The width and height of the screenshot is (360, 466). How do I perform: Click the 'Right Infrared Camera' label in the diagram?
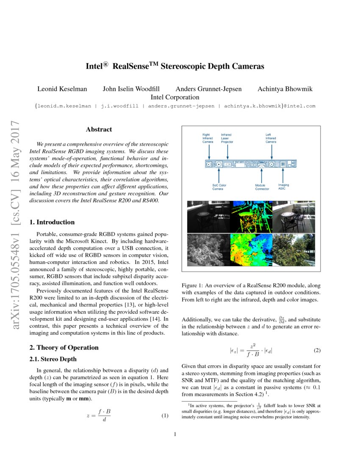(208, 139)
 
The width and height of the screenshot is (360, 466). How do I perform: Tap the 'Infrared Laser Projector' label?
(227, 139)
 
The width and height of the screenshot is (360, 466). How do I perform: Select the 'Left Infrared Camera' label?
(271, 139)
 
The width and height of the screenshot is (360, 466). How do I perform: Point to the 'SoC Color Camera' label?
(219, 187)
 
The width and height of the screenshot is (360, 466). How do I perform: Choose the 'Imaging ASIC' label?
(283, 187)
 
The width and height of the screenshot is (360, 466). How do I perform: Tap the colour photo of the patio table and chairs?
(293, 216)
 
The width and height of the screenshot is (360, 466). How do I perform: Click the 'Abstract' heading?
(99, 129)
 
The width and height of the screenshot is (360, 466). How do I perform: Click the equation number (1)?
(165, 415)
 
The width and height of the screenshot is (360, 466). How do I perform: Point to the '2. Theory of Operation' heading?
(64, 347)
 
